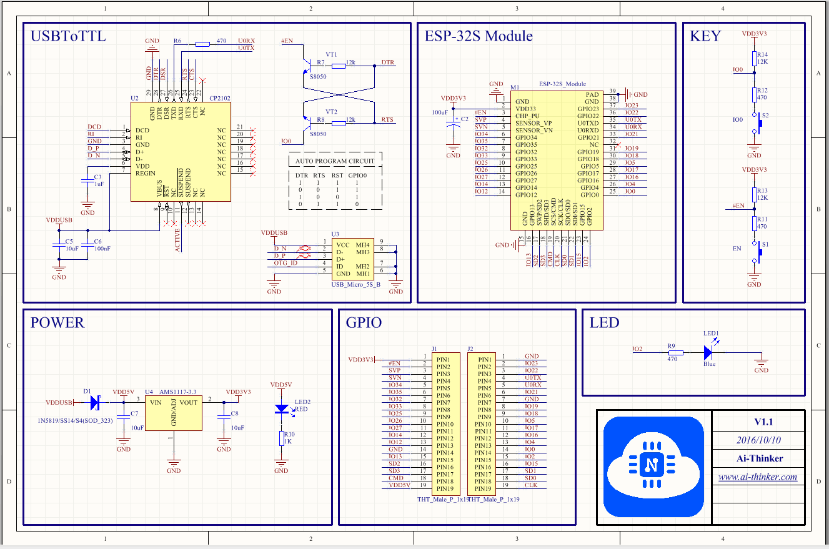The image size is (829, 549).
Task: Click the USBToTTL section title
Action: pos(68,36)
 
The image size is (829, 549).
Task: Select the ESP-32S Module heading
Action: pos(479,36)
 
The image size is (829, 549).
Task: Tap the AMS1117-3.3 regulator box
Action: pos(174,413)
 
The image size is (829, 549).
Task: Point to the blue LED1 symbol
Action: pos(708,353)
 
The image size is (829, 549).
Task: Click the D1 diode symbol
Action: pos(95,403)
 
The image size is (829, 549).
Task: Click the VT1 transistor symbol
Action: pos(308,65)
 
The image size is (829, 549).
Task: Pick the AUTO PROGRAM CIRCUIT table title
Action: pos(335,161)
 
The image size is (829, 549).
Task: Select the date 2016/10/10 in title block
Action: pos(758,440)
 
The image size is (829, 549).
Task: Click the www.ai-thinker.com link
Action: pos(757,477)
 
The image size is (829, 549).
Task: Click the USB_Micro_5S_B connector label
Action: pos(355,284)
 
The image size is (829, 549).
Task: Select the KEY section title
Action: pos(705,36)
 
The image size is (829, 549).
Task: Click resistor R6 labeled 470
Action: pos(202,44)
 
